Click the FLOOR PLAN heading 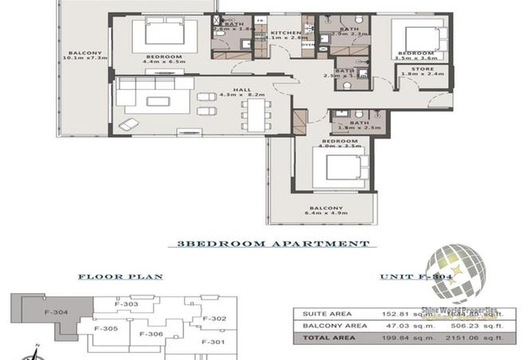[x=119, y=277]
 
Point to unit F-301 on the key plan [x=214, y=342]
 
